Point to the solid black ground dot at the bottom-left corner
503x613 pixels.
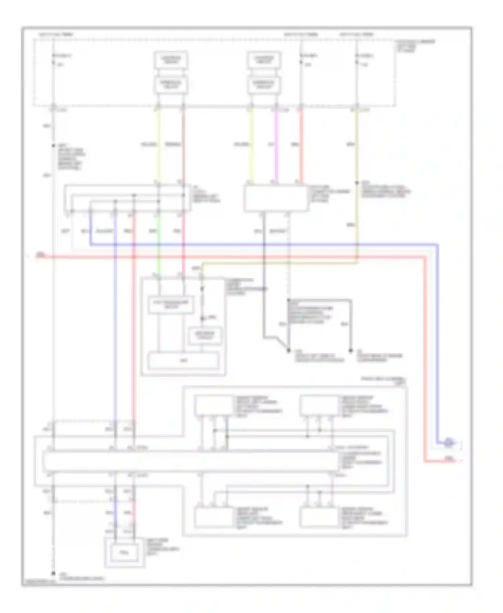[53, 574]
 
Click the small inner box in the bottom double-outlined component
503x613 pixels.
[124, 552]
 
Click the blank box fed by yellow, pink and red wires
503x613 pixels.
[276, 198]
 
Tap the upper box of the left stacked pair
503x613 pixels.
[171, 60]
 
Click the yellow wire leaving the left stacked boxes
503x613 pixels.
[158, 144]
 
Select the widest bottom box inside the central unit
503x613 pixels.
[184, 360]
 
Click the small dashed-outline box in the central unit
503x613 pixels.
[205, 335]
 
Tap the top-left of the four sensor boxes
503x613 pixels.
[215, 405]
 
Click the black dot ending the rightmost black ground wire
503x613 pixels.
[350, 351]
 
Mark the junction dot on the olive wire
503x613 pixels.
[357, 183]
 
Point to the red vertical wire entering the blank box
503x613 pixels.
[301, 144]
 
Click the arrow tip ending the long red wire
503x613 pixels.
[460, 461]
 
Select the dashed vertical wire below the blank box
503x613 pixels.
[289, 255]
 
